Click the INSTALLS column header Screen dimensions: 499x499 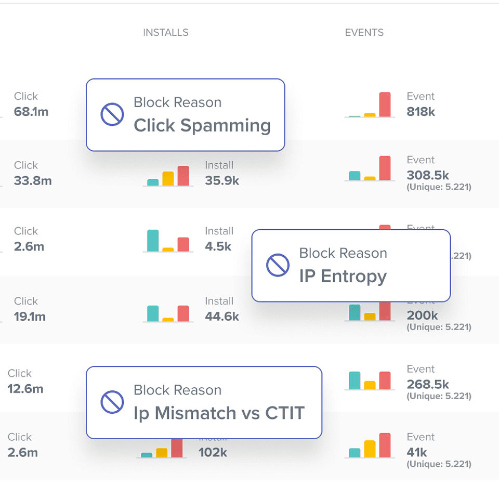[x=166, y=33]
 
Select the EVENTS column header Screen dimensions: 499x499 [x=364, y=33]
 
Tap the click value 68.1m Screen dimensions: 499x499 [x=31, y=112]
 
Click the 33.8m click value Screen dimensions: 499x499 [x=33, y=181]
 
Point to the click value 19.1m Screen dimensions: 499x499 [x=30, y=317]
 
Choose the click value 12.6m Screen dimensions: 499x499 [x=25, y=389]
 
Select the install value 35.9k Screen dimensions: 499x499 [x=222, y=181]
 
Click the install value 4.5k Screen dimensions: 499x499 [x=218, y=246]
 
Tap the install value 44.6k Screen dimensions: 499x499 [x=222, y=317]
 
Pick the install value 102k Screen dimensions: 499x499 [x=213, y=452]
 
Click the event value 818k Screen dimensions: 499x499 [x=421, y=112]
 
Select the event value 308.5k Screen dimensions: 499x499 [x=428, y=175]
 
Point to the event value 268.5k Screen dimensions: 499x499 [x=428, y=385]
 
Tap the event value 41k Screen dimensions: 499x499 [x=417, y=452]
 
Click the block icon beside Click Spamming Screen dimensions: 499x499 [x=112, y=114]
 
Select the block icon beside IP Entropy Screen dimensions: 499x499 [x=278, y=265]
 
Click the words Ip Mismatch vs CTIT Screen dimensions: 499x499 [x=219, y=413]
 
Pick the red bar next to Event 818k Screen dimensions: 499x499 [x=385, y=104]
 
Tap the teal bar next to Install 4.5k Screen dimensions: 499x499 [x=153, y=241]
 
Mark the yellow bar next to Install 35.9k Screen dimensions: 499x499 [x=168, y=178]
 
